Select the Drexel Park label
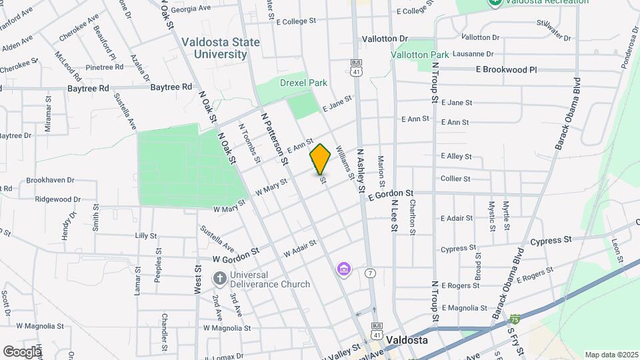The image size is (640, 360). [x=303, y=83]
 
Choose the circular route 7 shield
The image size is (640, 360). [x=370, y=273]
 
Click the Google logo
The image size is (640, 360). [x=21, y=351]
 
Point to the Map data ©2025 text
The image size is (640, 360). [x=610, y=355]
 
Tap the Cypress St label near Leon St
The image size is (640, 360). [x=551, y=239]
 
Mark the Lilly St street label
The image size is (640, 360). [x=145, y=235]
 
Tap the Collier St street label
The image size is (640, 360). [x=455, y=179]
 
